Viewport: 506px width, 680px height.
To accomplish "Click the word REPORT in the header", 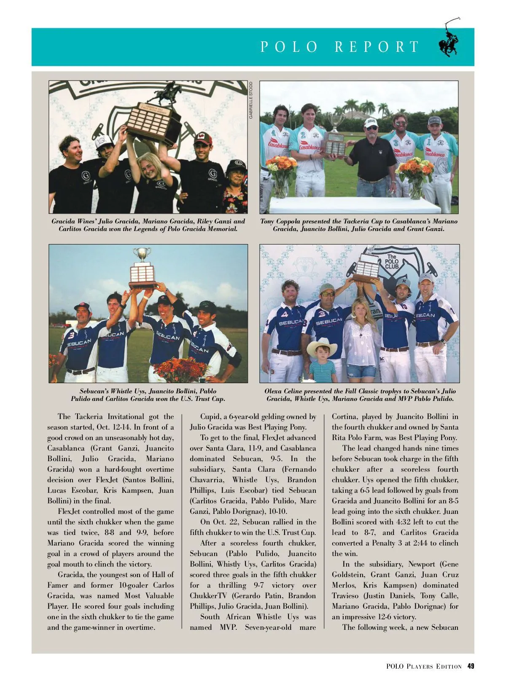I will pyautogui.click(x=377, y=47).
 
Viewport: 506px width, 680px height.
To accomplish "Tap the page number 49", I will pyautogui.click(x=471, y=666).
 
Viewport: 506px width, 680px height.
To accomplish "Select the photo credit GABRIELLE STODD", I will pyautogui.click(x=251, y=99).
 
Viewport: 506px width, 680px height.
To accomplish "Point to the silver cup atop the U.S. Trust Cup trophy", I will pyautogui.click(x=142, y=255).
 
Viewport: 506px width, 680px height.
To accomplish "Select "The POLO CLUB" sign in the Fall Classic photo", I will pyautogui.click(x=391, y=262).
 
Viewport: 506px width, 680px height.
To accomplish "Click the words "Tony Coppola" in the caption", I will pyautogui.click(x=279, y=221).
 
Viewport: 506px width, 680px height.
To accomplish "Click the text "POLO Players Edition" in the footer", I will pyautogui.click(x=423, y=667).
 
